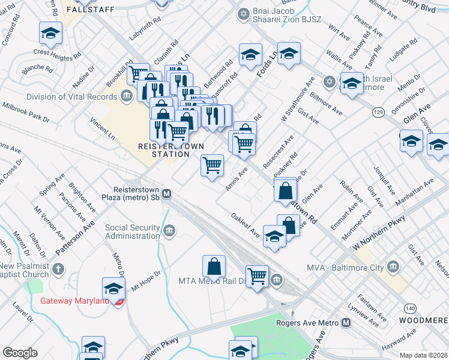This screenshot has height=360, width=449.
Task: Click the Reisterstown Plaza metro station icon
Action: click(x=167, y=194)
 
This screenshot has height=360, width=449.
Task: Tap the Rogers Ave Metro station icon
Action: click(x=346, y=323)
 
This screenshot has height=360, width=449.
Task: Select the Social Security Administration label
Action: click(x=132, y=232)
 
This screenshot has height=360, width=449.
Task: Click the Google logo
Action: click(x=20, y=353)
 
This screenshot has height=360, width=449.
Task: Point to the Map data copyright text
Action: click(x=424, y=355)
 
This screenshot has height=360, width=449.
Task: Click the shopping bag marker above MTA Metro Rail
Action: click(x=214, y=265)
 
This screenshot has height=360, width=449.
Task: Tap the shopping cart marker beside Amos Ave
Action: click(x=212, y=165)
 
